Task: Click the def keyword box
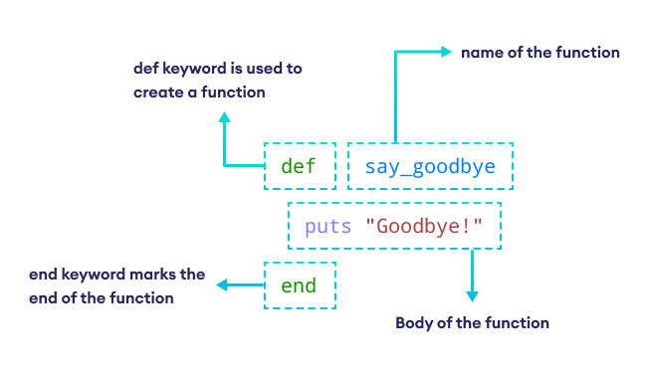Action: [x=299, y=166]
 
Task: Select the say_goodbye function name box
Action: [x=430, y=166]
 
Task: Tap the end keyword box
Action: [x=300, y=286]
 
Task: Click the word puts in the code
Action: [x=328, y=227]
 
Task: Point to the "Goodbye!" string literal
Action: [x=424, y=227]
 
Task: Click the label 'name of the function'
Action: [x=541, y=52]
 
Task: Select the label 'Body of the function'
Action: [x=472, y=323]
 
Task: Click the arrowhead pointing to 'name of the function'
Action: [x=447, y=52]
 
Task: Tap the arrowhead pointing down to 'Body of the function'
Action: [x=472, y=295]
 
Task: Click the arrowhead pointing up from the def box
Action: [x=225, y=118]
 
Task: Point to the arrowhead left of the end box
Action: [x=221, y=285]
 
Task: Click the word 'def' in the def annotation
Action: [x=146, y=70]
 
